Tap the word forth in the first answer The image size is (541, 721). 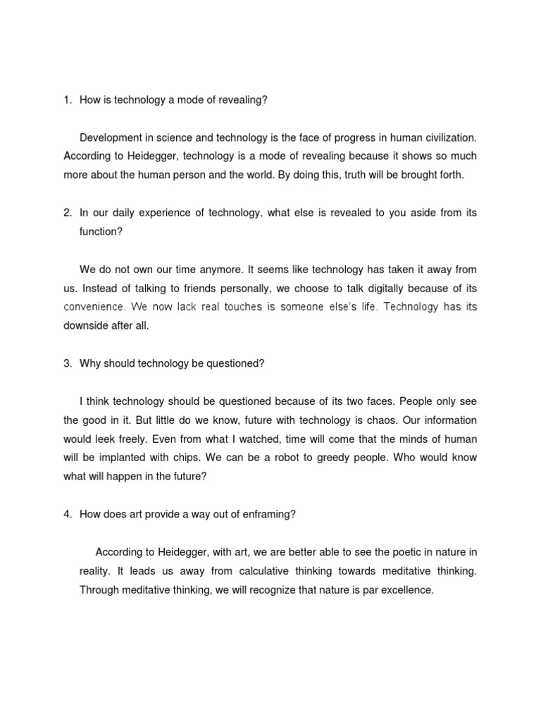pyautogui.click(x=449, y=175)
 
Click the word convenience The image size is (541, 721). pyautogui.click(x=94, y=307)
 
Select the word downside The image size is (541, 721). pyautogui.click(x=87, y=326)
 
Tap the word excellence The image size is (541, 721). pyautogui.click(x=407, y=590)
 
